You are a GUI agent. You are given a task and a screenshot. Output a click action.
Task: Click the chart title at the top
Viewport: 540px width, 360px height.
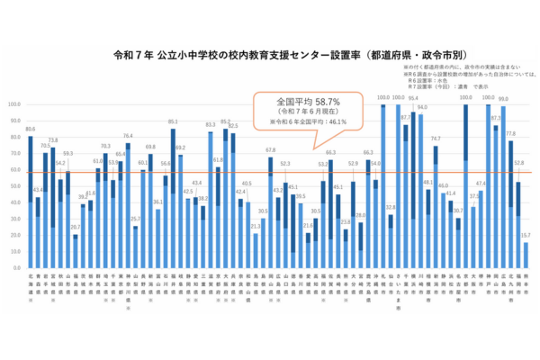(x=270, y=54)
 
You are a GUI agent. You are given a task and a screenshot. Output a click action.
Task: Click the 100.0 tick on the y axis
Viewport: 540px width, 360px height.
(x=13, y=104)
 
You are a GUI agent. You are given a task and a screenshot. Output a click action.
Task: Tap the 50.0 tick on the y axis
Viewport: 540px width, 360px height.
(x=13, y=186)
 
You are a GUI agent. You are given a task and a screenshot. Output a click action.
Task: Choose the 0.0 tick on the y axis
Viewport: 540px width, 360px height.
(x=15, y=268)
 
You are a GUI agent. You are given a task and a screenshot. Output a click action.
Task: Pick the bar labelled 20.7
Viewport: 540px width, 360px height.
(x=76, y=251)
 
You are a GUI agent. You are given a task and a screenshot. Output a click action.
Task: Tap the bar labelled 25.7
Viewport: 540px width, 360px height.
(x=136, y=247)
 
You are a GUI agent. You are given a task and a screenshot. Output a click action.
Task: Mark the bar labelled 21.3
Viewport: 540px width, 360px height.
(x=256, y=251)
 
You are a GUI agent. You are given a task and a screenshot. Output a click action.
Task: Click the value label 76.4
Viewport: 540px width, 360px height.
(x=128, y=135)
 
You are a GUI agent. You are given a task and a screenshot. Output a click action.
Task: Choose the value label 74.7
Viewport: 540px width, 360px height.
(x=436, y=139)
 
